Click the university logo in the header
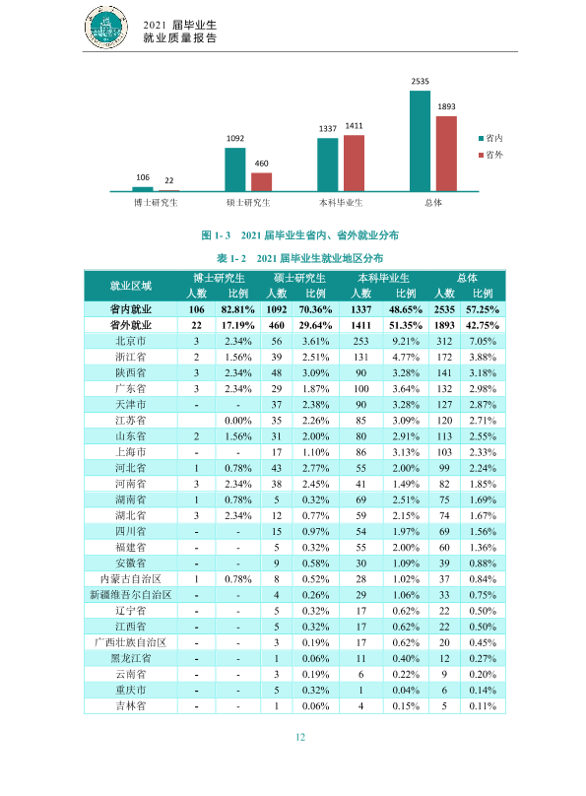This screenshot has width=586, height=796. click(x=106, y=28)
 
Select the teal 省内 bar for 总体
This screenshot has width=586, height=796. click(x=421, y=141)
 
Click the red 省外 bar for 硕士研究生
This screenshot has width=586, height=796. click(x=261, y=182)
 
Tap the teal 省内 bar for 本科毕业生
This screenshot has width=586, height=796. click(x=328, y=165)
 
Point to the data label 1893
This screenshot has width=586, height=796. click(x=446, y=106)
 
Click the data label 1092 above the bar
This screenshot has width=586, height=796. click(x=235, y=138)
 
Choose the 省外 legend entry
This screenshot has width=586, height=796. click(x=490, y=155)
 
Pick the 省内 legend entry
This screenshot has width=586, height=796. click(x=490, y=138)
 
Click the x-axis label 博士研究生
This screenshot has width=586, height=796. click(x=156, y=203)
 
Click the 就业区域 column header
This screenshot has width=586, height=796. click(x=131, y=286)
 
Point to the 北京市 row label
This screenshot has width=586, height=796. click(x=131, y=341)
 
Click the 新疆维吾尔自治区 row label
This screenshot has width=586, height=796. click(x=131, y=595)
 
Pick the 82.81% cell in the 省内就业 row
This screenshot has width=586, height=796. click(x=238, y=309)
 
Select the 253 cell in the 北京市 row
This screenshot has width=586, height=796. click(x=361, y=341)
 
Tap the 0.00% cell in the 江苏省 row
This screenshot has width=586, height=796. click(x=238, y=421)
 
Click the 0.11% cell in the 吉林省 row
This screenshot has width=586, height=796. click(x=483, y=706)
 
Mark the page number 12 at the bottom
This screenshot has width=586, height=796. click(x=300, y=737)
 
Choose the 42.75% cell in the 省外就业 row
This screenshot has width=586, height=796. click(x=483, y=325)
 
